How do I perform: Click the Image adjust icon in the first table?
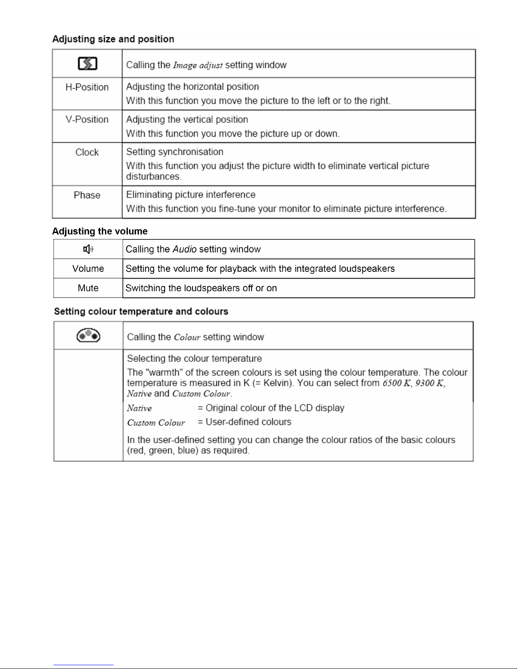[87, 64]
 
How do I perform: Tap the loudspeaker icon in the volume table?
[88, 249]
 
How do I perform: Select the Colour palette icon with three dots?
[88, 336]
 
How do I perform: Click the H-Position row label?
[87, 87]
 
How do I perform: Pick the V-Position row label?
[87, 119]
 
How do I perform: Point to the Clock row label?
[87, 152]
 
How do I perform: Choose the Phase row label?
[87, 195]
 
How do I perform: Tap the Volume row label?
[88, 269]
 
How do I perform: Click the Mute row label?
[88, 288]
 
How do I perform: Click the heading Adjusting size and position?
[113, 39]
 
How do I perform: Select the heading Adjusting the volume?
[100, 231]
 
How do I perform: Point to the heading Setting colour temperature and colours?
[141, 311]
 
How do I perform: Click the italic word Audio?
[184, 249]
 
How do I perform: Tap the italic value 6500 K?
[397, 383]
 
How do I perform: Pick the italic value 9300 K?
[430, 383]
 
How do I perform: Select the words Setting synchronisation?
[175, 152]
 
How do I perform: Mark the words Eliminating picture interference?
[191, 195]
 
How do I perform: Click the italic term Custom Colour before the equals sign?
[156, 423]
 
